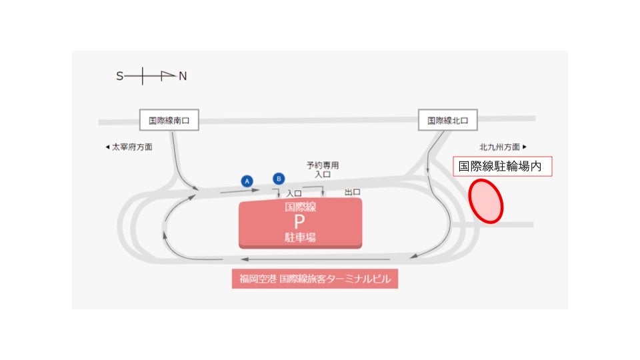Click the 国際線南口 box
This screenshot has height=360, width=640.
pyautogui.click(x=169, y=121)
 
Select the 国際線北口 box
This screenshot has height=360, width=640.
pyautogui.click(x=448, y=121)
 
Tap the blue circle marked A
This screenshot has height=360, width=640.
pyautogui.click(x=247, y=181)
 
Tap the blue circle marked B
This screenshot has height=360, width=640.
pyautogui.click(x=279, y=178)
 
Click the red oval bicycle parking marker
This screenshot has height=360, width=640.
pyautogui.click(x=486, y=201)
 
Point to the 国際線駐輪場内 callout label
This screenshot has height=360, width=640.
pyautogui.click(x=503, y=167)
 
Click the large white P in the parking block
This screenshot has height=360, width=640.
pyautogui.click(x=300, y=222)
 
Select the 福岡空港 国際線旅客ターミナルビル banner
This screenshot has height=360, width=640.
pyautogui.click(x=315, y=279)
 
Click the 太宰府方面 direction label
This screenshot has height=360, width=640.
pyautogui.click(x=129, y=147)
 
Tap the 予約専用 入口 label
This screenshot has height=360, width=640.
pyautogui.click(x=323, y=169)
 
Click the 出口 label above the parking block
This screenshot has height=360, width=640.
pyautogui.click(x=353, y=192)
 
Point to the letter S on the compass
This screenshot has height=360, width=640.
pyautogui.click(x=120, y=77)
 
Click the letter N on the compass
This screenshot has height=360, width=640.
pyautogui.click(x=183, y=77)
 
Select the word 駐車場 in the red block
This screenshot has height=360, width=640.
pyautogui.click(x=300, y=237)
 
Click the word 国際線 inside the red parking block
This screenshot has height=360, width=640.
pyautogui.click(x=300, y=207)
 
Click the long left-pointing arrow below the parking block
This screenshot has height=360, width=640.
pyautogui.click(x=313, y=259)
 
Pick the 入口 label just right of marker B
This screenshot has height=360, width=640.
pyautogui.click(x=294, y=193)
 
